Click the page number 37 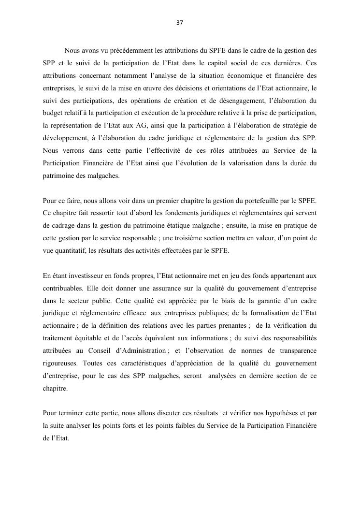(x=180, y=22)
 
